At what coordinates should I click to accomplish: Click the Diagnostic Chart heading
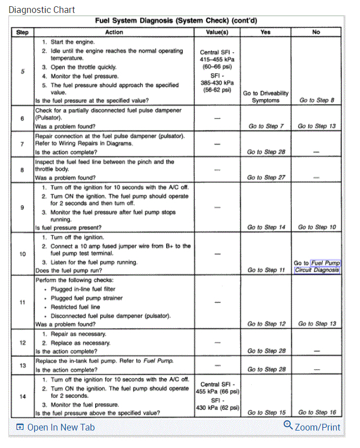(x=42, y=10)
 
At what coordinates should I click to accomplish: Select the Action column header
(x=114, y=32)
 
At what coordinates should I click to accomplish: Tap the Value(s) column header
(x=217, y=32)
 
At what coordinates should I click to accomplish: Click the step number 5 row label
(x=22, y=71)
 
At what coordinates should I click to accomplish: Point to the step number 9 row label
(x=22, y=207)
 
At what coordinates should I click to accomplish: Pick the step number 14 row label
(x=22, y=396)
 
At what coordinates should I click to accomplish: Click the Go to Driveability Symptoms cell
(x=265, y=97)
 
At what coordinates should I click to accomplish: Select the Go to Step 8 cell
(x=317, y=100)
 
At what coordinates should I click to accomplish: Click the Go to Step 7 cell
(x=266, y=126)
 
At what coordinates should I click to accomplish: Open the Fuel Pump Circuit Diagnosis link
(x=318, y=266)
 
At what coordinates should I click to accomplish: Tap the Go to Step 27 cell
(x=266, y=177)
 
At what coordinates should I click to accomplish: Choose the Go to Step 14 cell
(x=266, y=227)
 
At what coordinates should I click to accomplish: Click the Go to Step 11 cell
(x=266, y=270)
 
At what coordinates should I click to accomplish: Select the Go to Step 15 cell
(x=266, y=413)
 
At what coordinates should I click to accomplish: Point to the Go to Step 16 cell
(x=317, y=413)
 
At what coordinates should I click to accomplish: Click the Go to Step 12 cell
(x=266, y=324)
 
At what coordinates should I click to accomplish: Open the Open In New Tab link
(x=55, y=427)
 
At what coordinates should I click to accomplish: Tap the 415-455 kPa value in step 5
(x=217, y=59)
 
